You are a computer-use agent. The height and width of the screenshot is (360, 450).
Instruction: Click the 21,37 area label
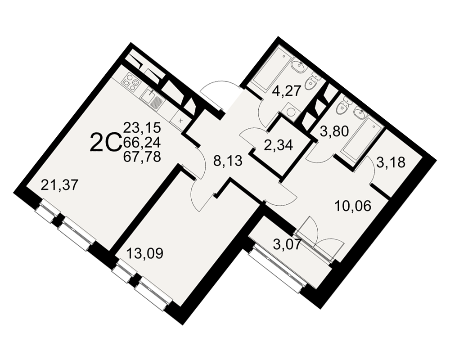click(x=59, y=185)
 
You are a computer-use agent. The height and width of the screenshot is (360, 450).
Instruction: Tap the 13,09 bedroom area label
click(x=144, y=253)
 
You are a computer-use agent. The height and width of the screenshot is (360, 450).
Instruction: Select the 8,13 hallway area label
click(x=229, y=162)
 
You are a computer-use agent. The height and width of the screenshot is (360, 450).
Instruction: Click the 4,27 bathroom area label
click(x=286, y=91)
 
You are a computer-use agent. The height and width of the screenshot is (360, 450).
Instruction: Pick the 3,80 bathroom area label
click(x=333, y=131)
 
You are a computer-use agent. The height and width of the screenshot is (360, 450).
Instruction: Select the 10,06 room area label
click(x=353, y=206)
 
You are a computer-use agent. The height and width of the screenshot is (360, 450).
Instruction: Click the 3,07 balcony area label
click(x=288, y=245)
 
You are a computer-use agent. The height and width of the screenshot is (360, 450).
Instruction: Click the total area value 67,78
click(x=142, y=157)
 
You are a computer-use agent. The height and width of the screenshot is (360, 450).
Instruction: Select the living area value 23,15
click(x=142, y=127)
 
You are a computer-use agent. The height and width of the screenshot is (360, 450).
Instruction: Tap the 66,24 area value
click(x=142, y=142)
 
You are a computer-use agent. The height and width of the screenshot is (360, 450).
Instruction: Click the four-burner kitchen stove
click(x=130, y=81)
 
